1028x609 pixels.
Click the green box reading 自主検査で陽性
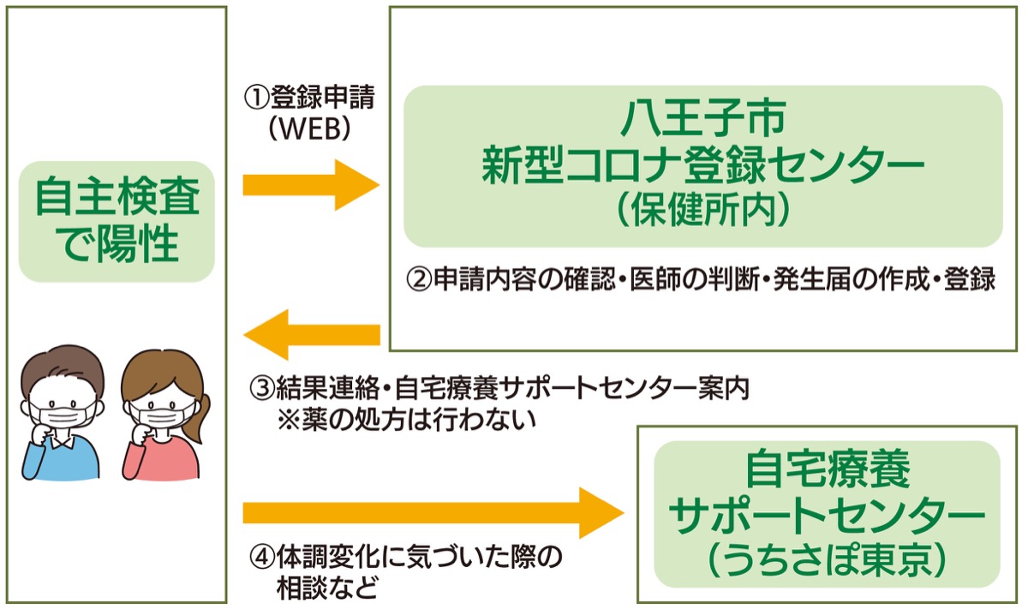116,221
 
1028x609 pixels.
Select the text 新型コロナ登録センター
702,164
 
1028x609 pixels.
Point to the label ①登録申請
309,97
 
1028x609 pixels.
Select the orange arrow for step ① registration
310,184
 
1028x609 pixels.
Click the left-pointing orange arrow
310,334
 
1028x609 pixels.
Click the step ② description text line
701,280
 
